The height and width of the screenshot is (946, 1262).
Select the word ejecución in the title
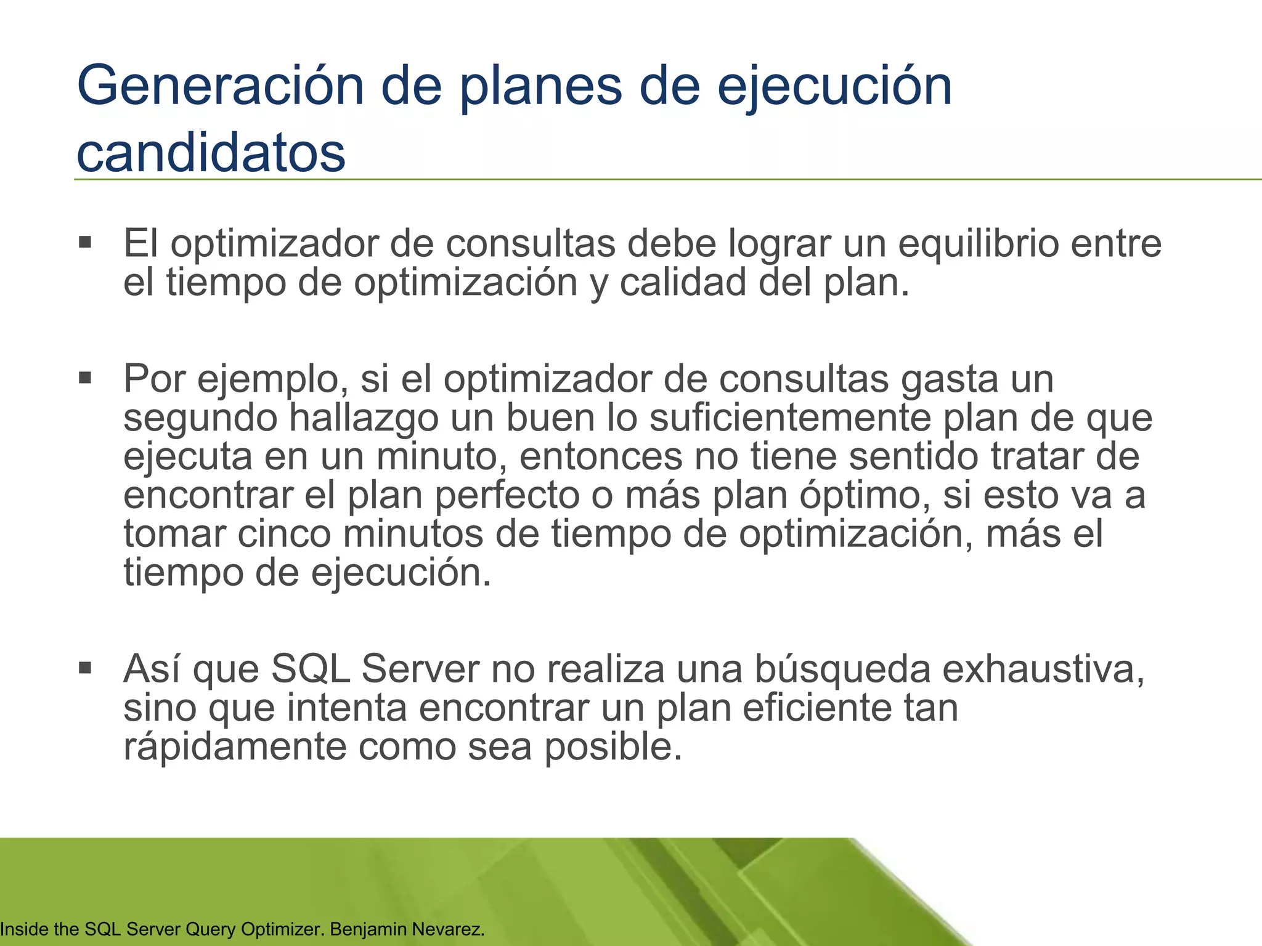[834, 87]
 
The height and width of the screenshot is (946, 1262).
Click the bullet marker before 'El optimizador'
[85, 242]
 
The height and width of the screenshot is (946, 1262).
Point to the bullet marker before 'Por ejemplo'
[85, 377]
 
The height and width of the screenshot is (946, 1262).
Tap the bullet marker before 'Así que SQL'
[85, 668]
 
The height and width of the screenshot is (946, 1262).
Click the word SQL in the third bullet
[311, 669]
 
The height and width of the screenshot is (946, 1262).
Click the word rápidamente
[235, 746]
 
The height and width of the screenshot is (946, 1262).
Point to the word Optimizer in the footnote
[283, 929]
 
